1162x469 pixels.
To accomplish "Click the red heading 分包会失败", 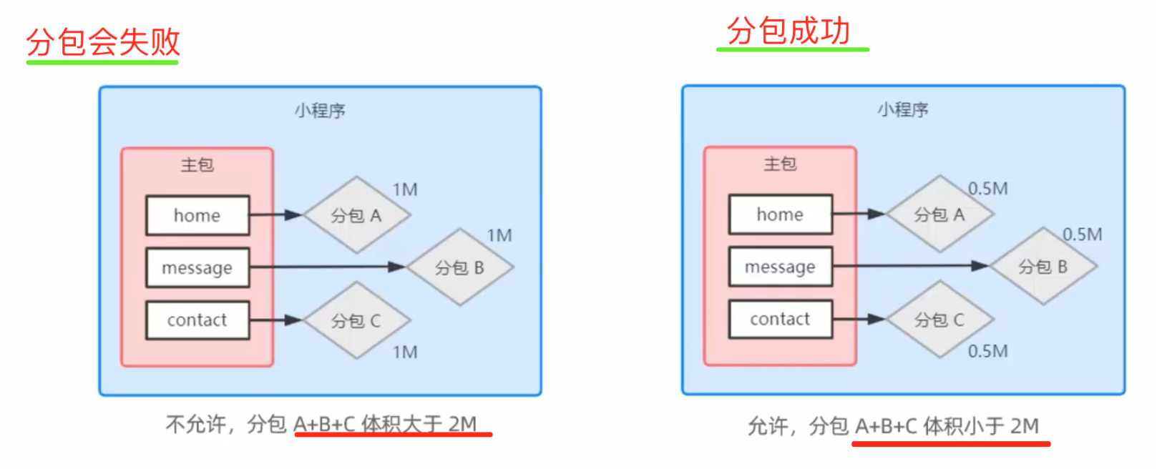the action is (x=103, y=41).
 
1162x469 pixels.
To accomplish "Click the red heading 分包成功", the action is (x=788, y=30).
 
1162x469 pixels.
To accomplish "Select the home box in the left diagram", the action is (x=197, y=215).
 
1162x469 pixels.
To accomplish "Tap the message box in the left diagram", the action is (x=197, y=268).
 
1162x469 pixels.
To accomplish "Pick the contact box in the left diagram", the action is (x=197, y=320).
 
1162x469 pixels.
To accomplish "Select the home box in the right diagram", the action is (x=780, y=214).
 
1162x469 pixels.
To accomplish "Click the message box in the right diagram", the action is (x=780, y=267).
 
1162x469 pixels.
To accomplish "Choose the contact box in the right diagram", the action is (x=780, y=319).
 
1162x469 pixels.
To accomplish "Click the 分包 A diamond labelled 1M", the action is (x=356, y=215).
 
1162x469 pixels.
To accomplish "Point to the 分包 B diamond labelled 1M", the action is (x=460, y=268).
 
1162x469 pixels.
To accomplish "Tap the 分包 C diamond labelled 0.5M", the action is (x=939, y=320).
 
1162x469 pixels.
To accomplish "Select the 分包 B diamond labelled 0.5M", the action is (x=1043, y=267).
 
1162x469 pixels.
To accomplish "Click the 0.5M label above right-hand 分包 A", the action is (x=987, y=189).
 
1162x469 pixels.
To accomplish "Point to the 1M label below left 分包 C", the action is (x=405, y=352).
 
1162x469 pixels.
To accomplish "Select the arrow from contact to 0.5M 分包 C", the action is (x=859, y=319).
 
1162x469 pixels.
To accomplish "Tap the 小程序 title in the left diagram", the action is (x=320, y=111).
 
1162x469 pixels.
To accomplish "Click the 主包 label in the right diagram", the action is (x=780, y=164).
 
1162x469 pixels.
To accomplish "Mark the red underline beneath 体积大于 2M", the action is (x=393, y=434).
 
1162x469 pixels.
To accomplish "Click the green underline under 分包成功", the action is (x=793, y=49).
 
